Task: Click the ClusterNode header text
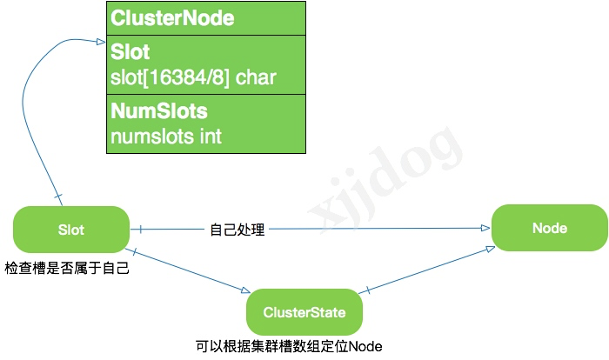click(172, 17)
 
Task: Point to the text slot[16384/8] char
click(193, 77)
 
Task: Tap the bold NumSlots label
click(159, 112)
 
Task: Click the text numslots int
click(166, 137)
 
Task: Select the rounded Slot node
click(71, 230)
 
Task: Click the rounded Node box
click(549, 228)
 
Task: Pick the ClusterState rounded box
click(303, 312)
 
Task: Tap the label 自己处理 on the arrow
click(237, 230)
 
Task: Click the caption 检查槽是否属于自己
click(67, 269)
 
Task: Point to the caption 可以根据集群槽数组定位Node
click(289, 346)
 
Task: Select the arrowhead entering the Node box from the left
click(485, 229)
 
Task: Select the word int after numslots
click(210, 137)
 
